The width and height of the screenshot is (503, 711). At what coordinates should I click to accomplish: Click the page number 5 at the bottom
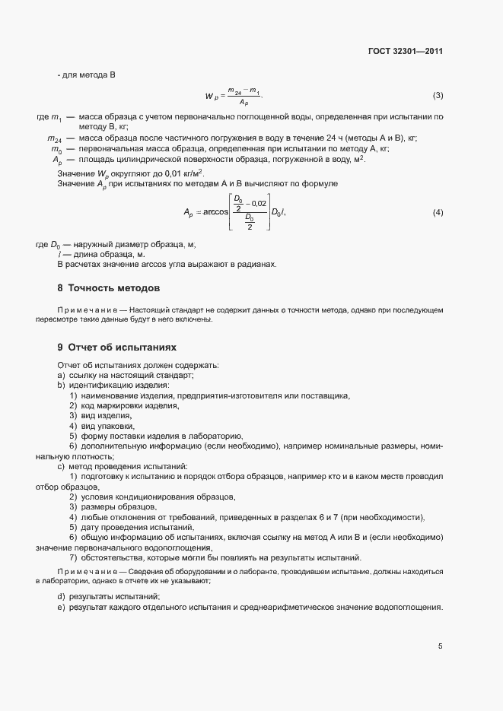point(440,646)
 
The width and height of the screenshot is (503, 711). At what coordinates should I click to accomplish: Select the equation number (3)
point(438,96)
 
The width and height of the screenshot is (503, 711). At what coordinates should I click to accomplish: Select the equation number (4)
point(438,211)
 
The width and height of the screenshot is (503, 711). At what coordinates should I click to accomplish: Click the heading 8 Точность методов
point(109,288)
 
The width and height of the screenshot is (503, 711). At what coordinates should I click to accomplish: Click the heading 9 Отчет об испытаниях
point(116,348)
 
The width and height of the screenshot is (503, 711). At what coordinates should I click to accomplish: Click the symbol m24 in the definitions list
point(54,139)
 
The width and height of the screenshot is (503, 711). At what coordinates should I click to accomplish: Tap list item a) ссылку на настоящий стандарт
point(126,376)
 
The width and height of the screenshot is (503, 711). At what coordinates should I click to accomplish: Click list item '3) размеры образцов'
point(113,506)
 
